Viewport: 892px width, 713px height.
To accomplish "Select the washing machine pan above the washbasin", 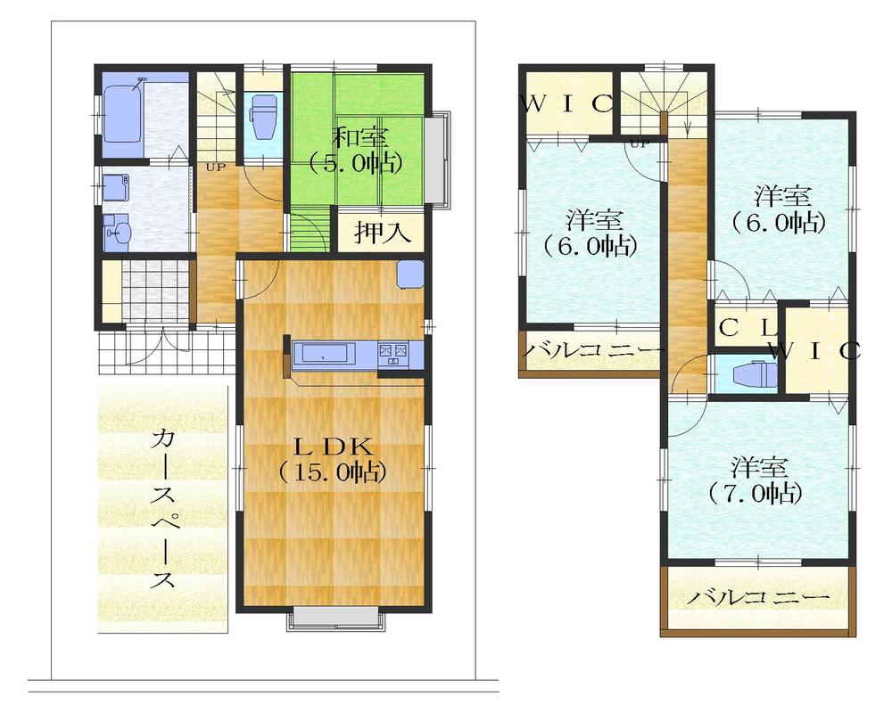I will (115, 189).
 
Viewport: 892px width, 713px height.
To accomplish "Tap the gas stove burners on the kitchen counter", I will (393, 353).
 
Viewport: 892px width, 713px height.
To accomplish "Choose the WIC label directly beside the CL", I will (815, 349).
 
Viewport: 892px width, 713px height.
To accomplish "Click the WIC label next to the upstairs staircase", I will (567, 102).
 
